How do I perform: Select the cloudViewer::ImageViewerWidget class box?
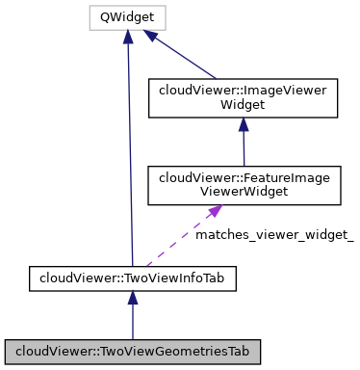(243, 96)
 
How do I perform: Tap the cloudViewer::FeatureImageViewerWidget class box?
(243, 184)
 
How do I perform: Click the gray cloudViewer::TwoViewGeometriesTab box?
(132, 350)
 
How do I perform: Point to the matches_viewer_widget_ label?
(274, 234)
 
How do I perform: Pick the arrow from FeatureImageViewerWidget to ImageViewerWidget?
(243, 145)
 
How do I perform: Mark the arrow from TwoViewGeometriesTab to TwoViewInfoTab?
(132, 318)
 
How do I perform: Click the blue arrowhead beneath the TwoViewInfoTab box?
(132, 301)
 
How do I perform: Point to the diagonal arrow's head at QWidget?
(152, 36)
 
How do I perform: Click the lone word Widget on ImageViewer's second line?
(243, 104)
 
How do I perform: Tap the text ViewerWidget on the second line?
(243, 191)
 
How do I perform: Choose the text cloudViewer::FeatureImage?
(243, 177)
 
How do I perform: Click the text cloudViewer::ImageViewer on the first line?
(243, 90)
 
